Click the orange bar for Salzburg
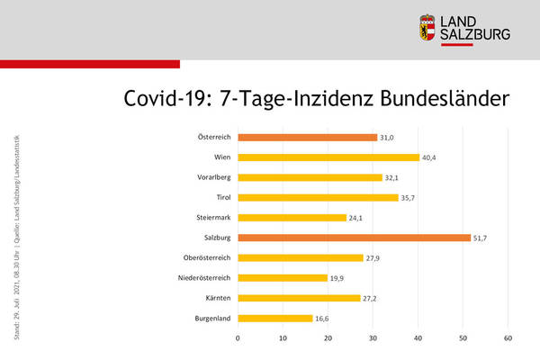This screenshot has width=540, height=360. click(354, 238)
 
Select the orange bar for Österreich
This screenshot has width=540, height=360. click(308, 137)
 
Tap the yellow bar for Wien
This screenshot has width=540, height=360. click(328, 157)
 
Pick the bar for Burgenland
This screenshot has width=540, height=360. click(275, 319)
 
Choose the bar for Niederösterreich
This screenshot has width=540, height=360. click(283, 278)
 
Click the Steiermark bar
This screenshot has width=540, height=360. click(292, 218)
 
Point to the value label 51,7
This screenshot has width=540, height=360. click(482, 238)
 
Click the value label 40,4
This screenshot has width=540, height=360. click(431, 157)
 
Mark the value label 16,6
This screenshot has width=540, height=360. click(324, 319)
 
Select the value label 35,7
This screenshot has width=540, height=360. click(409, 198)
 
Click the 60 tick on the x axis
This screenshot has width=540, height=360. click(508, 338)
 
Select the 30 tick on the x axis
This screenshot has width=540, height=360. click(373, 338)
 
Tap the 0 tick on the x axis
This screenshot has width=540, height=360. click(238, 338)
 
